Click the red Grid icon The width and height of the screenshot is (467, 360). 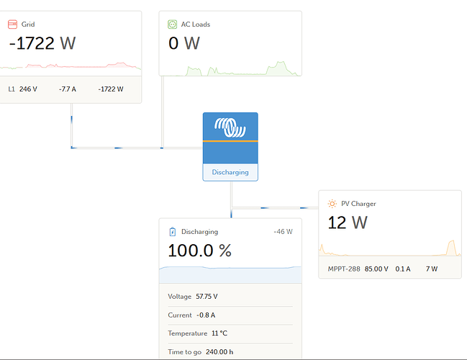tap(12, 24)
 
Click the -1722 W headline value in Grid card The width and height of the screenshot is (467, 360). tap(42, 43)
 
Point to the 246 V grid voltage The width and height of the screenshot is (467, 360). tap(28, 89)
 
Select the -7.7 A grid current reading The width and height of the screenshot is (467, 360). tap(68, 89)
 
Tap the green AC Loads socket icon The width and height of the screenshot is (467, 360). tap(173, 24)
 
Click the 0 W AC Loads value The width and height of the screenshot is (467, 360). tap(184, 43)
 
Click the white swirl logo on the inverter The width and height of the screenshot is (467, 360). tap(230, 127)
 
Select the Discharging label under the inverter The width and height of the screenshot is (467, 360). tap(230, 172)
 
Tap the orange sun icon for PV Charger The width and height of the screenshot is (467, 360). tap(332, 204)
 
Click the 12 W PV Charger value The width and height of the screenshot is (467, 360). tap(348, 222)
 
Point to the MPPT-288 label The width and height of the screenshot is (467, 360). tap(344, 269)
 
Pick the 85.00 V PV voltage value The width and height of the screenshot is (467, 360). tap(376, 269)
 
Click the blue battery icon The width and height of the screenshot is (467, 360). tap(173, 232)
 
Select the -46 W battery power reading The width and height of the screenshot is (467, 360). tap(284, 232)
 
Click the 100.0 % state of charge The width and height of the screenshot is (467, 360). tap(200, 251)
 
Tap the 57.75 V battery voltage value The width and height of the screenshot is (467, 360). tap(207, 297)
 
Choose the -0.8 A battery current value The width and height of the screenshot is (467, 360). tap(206, 315)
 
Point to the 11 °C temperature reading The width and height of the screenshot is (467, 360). tap(219, 333)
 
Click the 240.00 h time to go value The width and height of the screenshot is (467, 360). tap(219, 352)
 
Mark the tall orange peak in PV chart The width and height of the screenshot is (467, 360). tap(452, 248)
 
